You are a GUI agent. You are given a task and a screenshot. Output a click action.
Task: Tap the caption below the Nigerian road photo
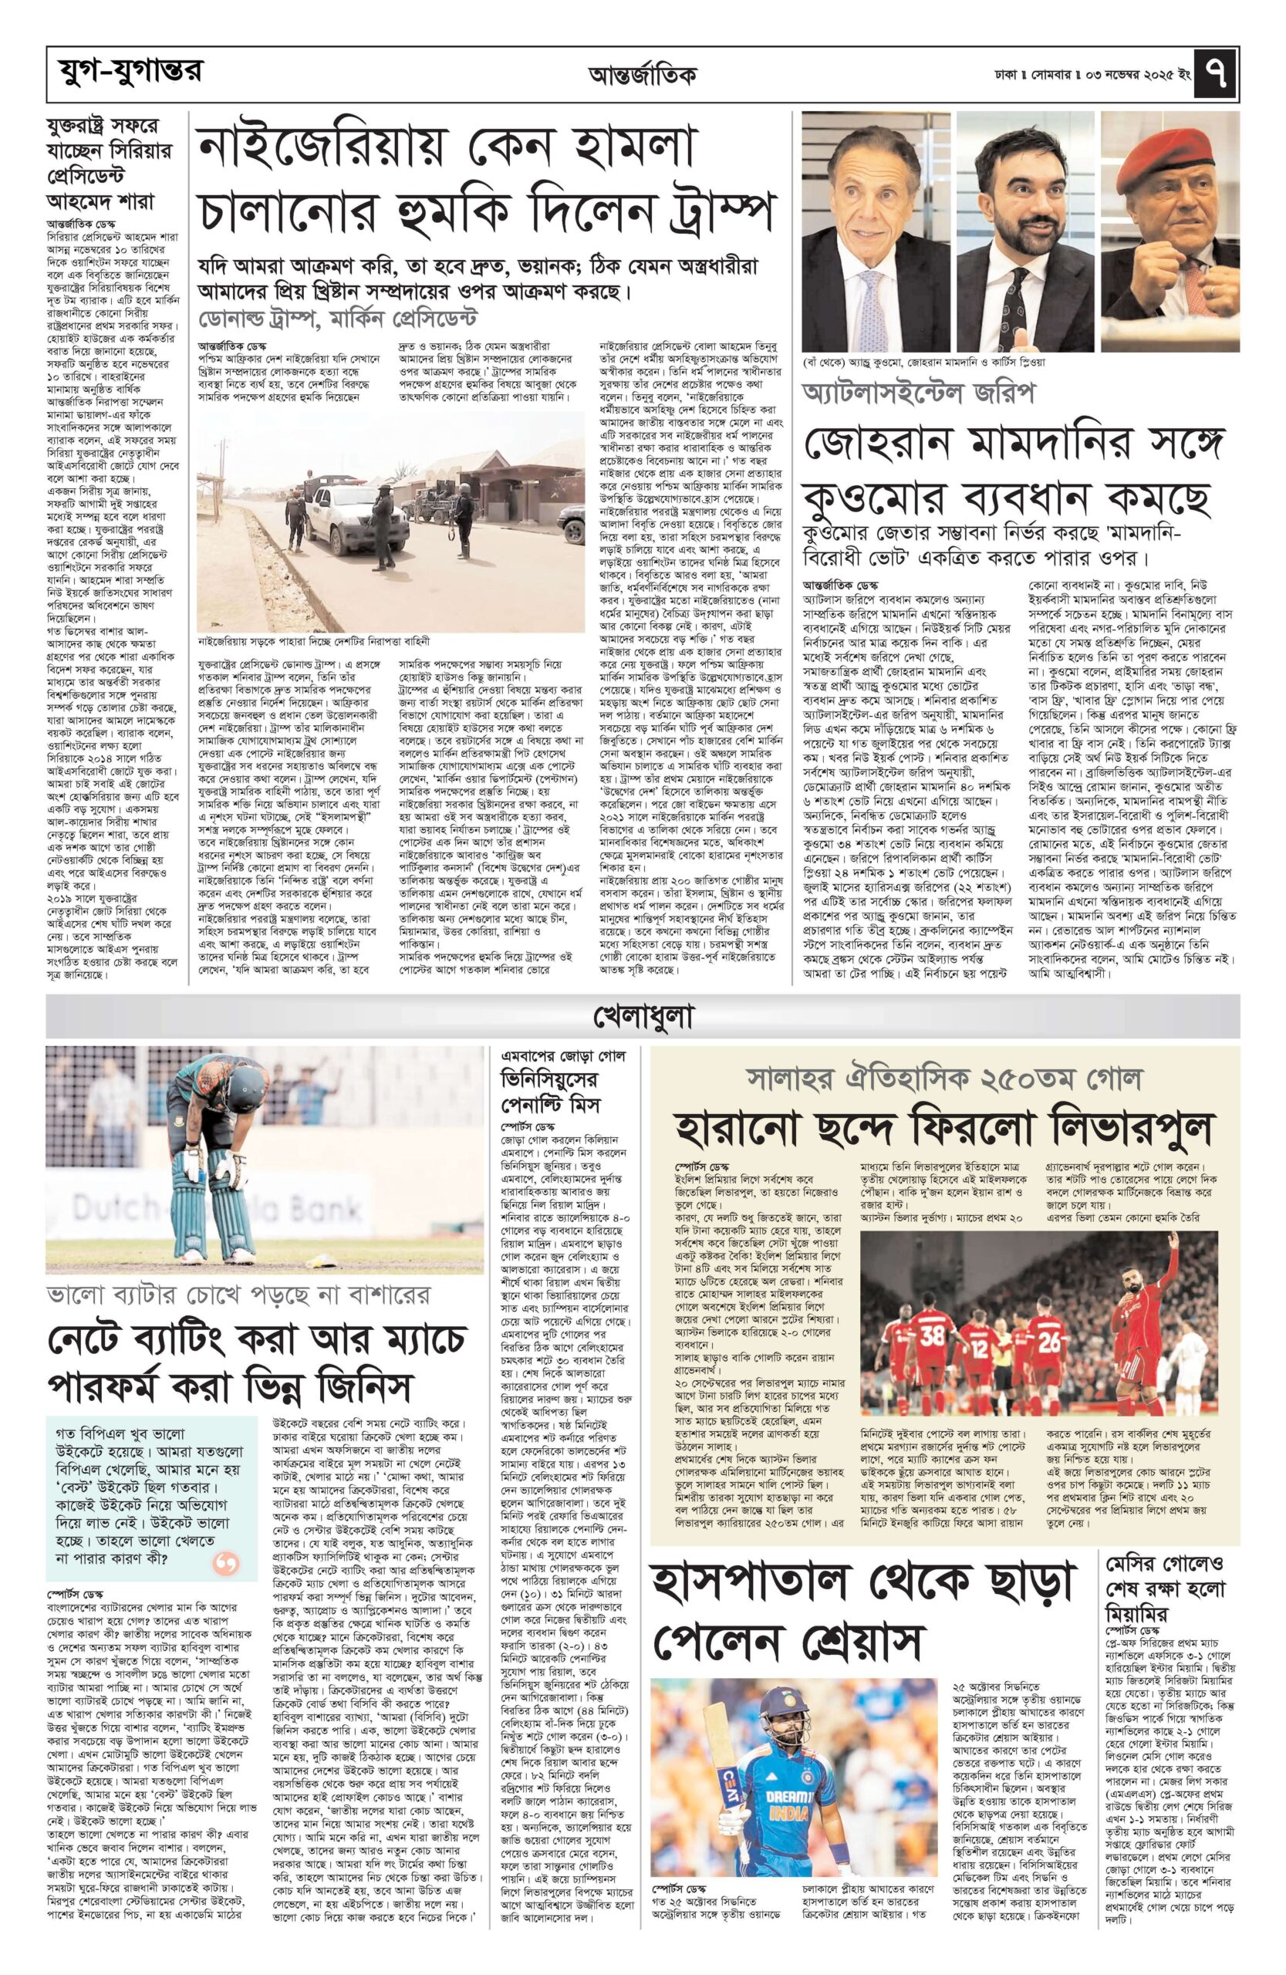coord(315,640)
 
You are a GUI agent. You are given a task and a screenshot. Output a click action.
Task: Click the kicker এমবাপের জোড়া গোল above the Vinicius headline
coord(562,1056)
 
